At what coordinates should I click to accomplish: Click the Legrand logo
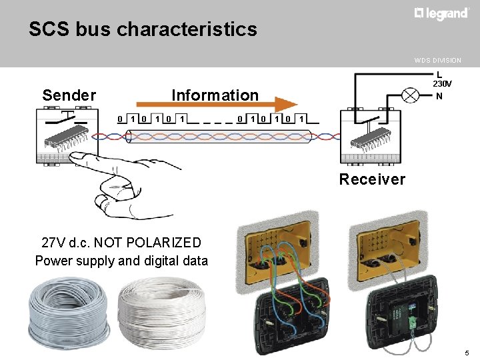click(441, 13)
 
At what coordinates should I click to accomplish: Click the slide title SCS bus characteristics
click(142, 29)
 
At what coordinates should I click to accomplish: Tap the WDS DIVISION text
click(437, 60)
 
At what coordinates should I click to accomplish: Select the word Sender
click(69, 95)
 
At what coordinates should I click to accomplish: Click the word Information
click(215, 95)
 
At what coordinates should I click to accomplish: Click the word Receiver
click(371, 179)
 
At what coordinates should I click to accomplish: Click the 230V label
click(442, 85)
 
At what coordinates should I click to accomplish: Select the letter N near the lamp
click(439, 96)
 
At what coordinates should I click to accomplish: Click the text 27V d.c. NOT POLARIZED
click(121, 243)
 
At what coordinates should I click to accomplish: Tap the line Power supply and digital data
click(121, 261)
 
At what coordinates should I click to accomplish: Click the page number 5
click(467, 352)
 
